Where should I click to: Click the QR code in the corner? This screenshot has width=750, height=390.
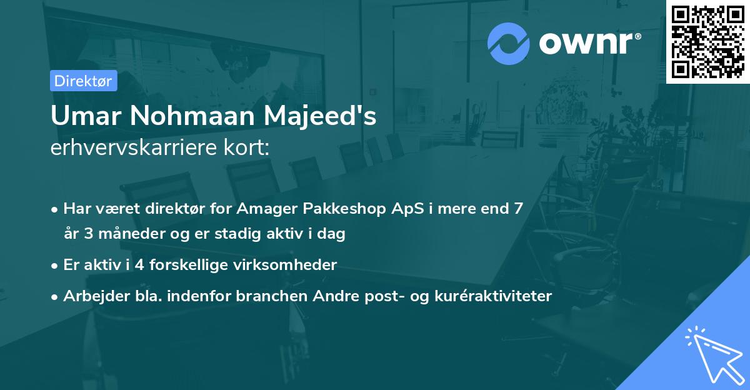[x=708, y=41]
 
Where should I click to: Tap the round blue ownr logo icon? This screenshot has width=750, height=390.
[x=509, y=43]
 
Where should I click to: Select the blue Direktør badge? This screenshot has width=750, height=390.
[x=84, y=81]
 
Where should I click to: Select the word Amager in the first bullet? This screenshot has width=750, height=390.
[x=266, y=208]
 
